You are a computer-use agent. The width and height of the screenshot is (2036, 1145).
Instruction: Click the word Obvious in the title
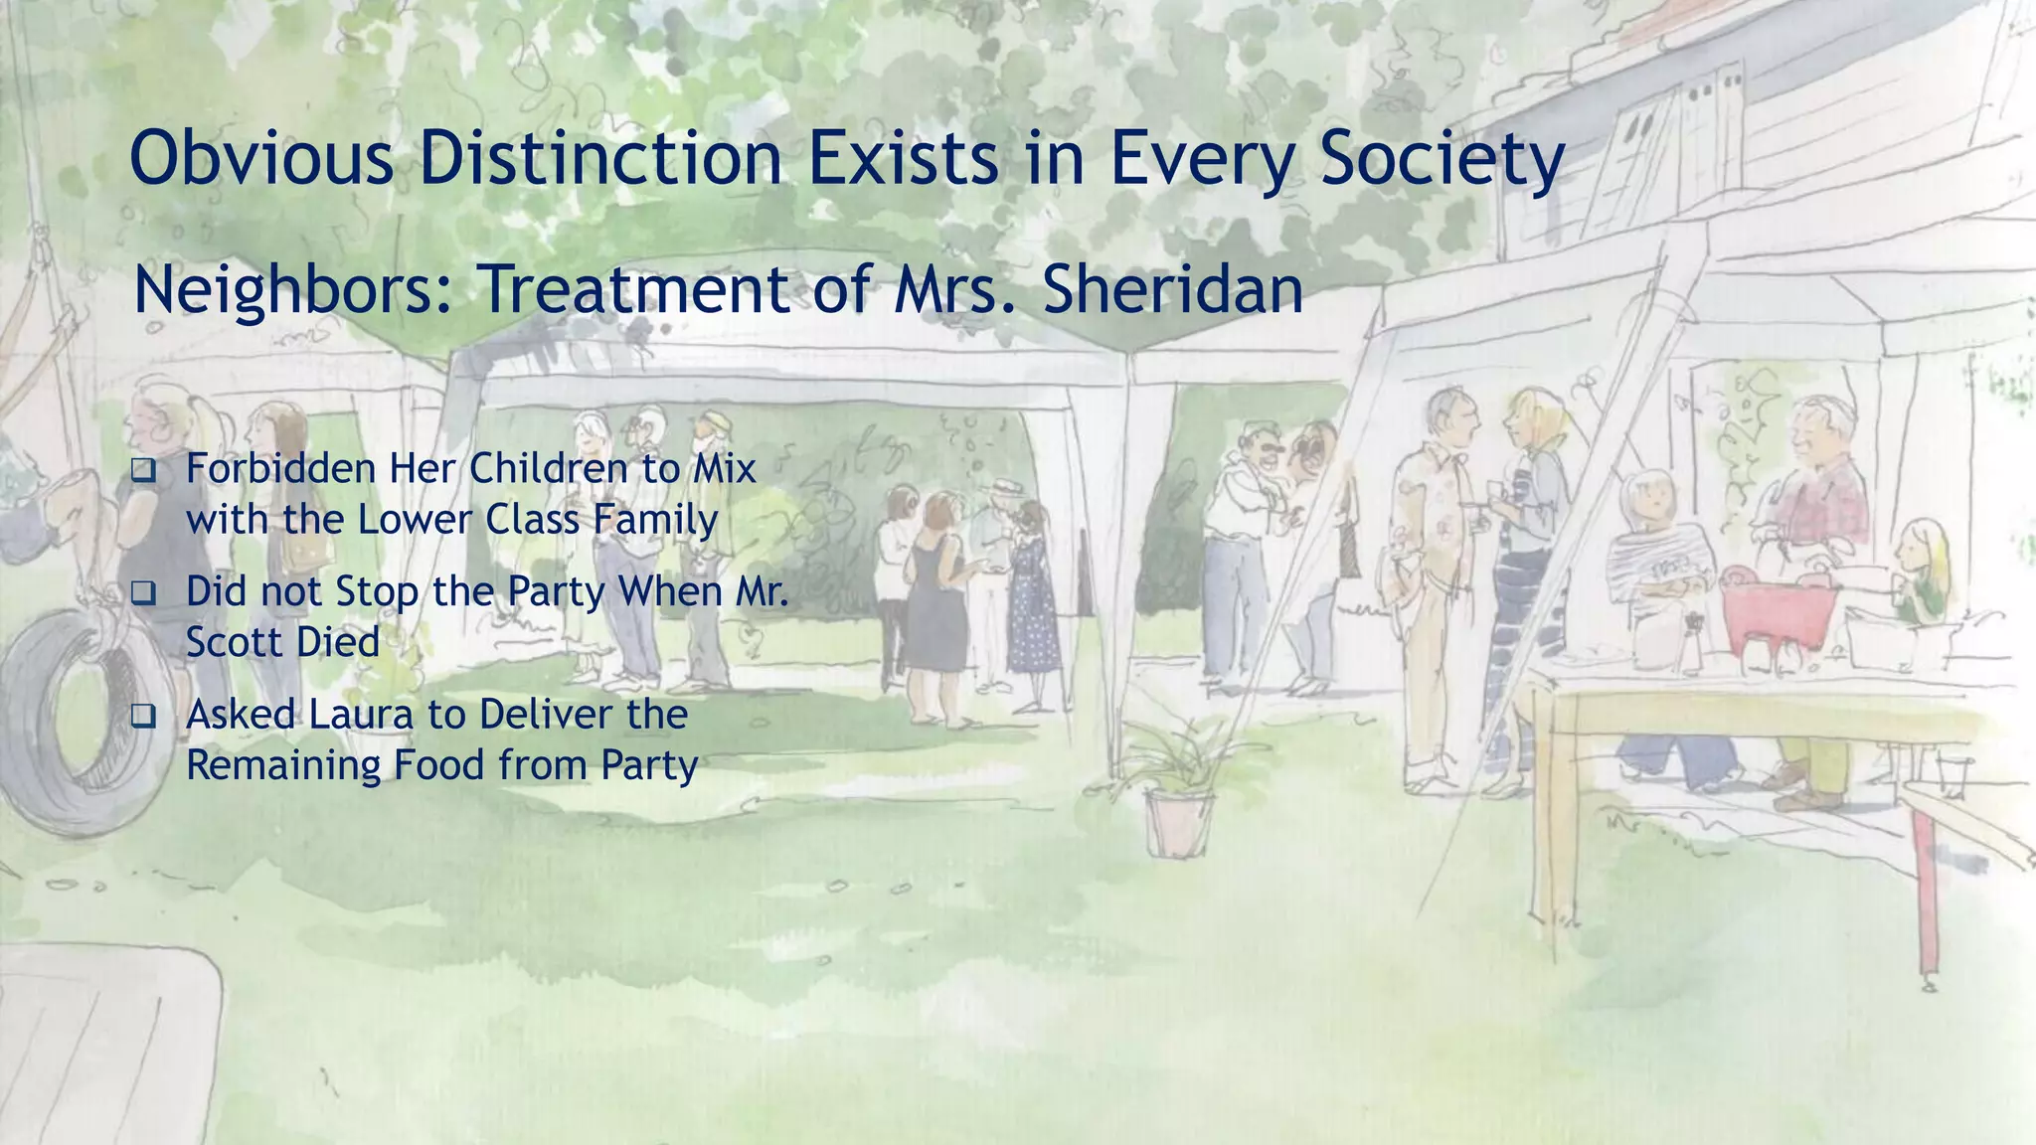261,159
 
